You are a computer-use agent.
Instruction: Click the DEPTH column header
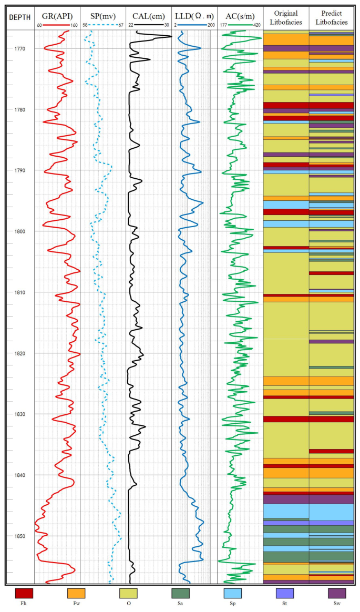[x=19, y=17]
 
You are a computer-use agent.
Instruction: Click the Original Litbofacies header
[x=285, y=17]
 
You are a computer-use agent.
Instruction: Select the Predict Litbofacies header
[x=331, y=17]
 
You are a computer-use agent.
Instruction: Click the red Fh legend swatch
[x=24, y=593]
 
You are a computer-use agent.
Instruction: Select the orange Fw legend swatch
[x=76, y=593]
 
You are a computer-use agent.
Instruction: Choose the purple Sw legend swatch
[x=337, y=593]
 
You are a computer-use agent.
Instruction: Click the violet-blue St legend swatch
[x=285, y=593]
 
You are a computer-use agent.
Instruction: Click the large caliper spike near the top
[x=167, y=36]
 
